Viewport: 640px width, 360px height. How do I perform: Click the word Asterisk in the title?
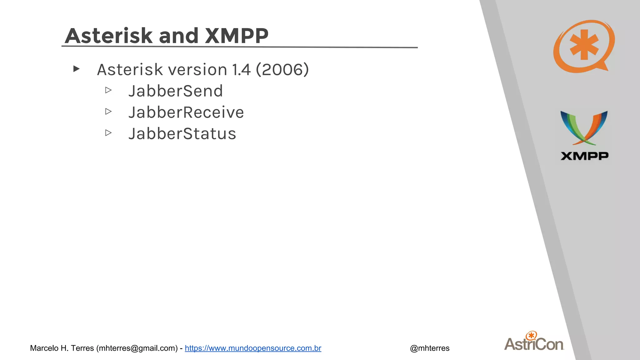point(108,36)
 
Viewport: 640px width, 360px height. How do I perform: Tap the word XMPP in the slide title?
point(237,36)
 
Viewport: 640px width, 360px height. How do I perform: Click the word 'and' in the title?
point(178,36)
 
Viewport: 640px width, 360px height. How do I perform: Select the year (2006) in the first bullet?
point(282,69)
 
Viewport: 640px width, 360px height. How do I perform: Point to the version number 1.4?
point(241,69)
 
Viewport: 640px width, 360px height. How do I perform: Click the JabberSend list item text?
point(175,91)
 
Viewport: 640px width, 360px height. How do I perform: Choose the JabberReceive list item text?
point(186,112)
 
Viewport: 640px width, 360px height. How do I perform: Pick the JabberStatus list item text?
point(182,134)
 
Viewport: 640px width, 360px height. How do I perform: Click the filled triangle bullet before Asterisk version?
point(76,69)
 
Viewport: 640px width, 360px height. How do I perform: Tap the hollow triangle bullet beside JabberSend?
point(108,90)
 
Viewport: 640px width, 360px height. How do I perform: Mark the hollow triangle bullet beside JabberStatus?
point(108,133)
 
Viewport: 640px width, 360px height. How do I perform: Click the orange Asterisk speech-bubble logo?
point(583,46)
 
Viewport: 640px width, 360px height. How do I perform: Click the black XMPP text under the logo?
point(584,156)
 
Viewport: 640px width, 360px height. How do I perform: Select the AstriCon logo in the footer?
point(534,342)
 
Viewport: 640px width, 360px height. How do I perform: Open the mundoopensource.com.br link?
point(253,348)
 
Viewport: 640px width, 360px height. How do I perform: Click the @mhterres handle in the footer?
point(429,348)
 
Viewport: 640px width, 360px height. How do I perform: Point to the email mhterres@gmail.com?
point(137,348)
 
